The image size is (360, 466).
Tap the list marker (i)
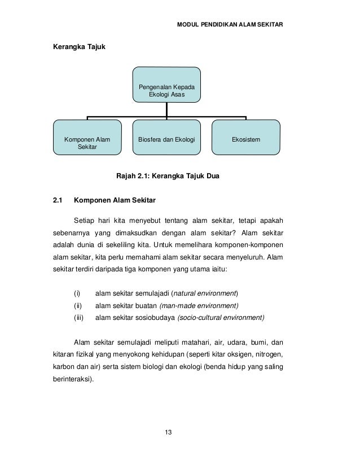pyautogui.click(x=77, y=293)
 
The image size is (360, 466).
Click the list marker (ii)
pyautogui.click(x=78, y=306)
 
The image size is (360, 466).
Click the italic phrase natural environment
pyautogui.click(x=205, y=293)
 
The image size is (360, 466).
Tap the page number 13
pyautogui.click(x=168, y=432)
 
